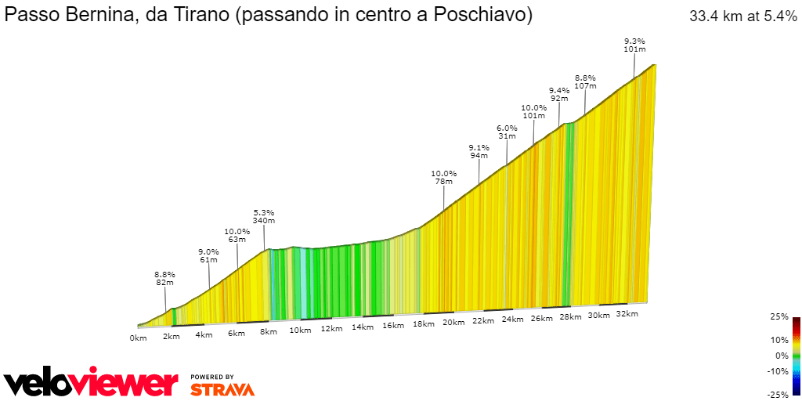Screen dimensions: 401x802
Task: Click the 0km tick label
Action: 138,338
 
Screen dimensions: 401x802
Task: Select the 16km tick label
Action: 393,326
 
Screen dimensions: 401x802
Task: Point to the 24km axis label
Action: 512,320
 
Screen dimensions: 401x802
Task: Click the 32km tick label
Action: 627,314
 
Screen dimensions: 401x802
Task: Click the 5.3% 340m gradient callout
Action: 264,217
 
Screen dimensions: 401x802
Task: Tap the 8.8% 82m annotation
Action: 164,279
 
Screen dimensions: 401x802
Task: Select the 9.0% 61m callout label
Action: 208,255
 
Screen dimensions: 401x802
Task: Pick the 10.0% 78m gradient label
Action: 443,178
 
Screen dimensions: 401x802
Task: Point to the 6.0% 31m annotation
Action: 507,132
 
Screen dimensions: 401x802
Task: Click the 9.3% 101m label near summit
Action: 634,45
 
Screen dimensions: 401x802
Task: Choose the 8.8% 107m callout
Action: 585,81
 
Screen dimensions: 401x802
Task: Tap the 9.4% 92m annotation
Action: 559,95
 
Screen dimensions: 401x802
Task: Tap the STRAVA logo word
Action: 222,388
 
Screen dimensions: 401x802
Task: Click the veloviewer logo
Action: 91,383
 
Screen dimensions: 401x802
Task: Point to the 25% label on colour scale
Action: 779,316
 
